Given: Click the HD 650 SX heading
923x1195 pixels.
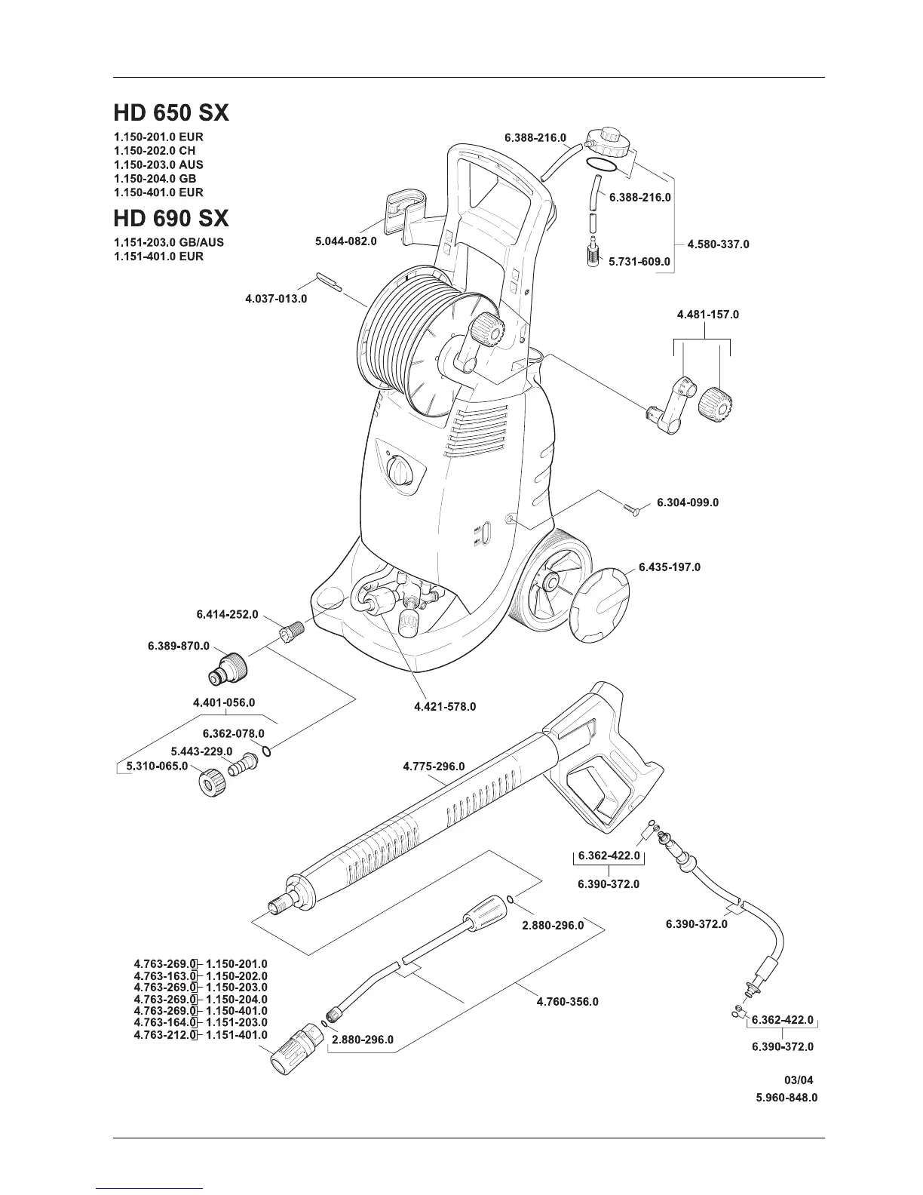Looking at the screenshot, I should pyautogui.click(x=171, y=113).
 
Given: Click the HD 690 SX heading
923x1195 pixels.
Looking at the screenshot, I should pyautogui.click(x=171, y=219).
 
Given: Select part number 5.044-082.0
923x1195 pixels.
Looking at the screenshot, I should pyautogui.click(x=345, y=242).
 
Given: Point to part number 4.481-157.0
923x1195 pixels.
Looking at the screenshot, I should pyautogui.click(x=708, y=314).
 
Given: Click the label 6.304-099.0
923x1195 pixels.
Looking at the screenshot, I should pyautogui.click(x=688, y=502).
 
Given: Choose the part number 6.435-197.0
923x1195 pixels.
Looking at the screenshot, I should pyautogui.click(x=670, y=567).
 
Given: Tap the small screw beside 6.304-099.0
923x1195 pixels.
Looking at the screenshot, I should pyautogui.click(x=632, y=511).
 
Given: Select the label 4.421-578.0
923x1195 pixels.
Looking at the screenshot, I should pyautogui.click(x=445, y=707).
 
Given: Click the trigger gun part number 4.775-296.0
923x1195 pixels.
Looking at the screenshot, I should pyautogui.click(x=434, y=766).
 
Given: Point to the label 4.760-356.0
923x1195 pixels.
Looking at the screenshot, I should pyautogui.click(x=567, y=1002).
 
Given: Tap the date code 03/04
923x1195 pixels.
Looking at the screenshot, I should pyautogui.click(x=799, y=1080).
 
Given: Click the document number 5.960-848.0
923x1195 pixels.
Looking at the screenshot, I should pyautogui.click(x=787, y=1098).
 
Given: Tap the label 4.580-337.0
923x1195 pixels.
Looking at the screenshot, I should pyautogui.click(x=719, y=244).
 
